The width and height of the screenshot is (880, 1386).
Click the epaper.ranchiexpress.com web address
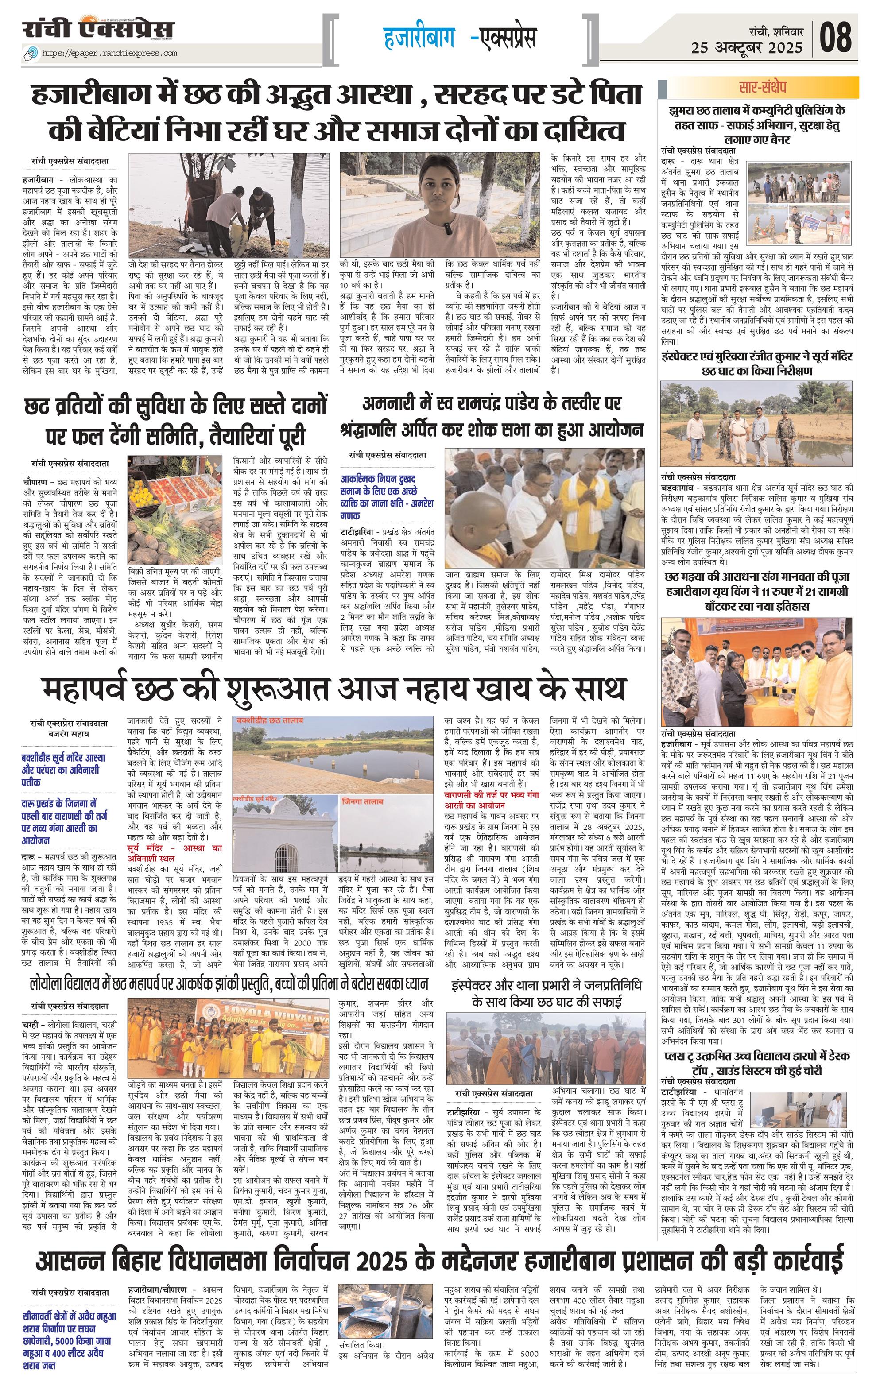pos(109,53)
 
